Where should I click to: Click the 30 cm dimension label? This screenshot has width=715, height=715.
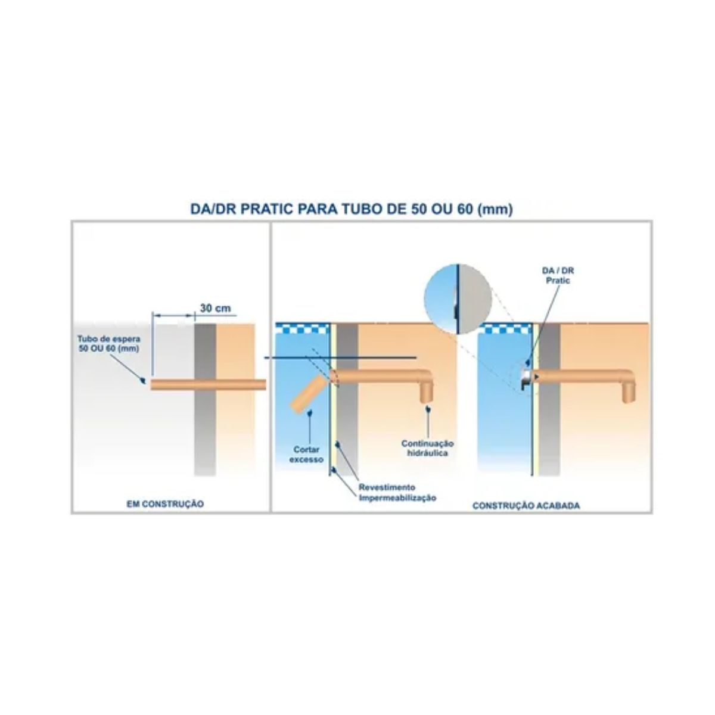click(215, 308)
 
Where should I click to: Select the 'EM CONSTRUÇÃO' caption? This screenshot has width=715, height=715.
click(165, 504)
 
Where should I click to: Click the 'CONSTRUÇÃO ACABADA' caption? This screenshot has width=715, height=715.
click(526, 505)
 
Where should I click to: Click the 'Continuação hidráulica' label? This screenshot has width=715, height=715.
click(428, 448)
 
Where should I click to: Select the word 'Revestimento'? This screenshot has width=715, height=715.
click(387, 487)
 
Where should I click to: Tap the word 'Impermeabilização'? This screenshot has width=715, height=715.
click(397, 498)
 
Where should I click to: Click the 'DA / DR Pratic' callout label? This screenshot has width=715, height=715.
click(558, 276)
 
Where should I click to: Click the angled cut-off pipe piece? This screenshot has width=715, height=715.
click(307, 393)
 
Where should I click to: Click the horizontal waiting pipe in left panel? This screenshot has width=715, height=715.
click(208, 384)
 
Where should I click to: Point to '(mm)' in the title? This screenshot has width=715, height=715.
click(495, 210)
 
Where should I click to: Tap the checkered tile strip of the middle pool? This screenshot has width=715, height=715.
click(303, 328)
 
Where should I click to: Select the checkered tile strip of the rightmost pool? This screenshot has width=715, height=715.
click(506, 328)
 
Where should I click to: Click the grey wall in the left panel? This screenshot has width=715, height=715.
click(205, 400)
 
